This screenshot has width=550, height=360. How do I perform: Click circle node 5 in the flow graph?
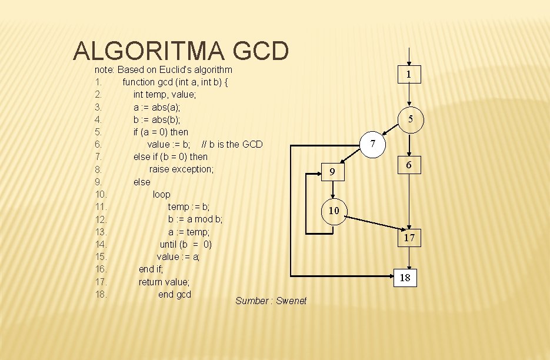point(411,119)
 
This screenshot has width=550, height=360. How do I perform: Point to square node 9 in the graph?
point(332,172)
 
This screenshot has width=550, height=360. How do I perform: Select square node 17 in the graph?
point(409,238)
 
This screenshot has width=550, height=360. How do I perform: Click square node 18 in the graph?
point(405,278)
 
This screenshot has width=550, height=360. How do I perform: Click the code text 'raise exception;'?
point(181,169)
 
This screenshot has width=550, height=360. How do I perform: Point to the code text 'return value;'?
point(164,282)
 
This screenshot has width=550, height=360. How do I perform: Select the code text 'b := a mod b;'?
point(195,219)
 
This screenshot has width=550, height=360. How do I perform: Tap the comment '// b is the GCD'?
point(232,144)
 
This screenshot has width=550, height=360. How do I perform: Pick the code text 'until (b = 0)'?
point(186,244)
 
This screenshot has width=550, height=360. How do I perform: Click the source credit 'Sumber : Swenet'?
point(271,301)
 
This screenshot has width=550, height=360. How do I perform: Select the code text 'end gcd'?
point(175,295)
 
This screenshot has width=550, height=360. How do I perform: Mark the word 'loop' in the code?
point(161,194)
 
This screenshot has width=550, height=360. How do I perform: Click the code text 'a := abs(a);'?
point(157,107)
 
